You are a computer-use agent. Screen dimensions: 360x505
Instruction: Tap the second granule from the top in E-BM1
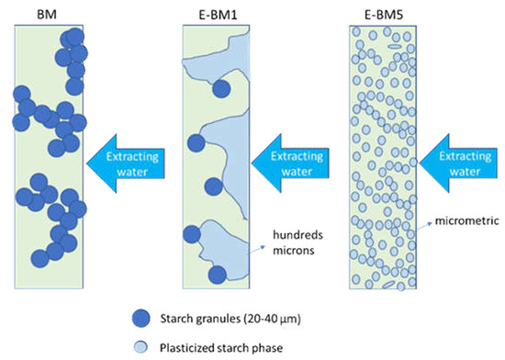tap(196, 142)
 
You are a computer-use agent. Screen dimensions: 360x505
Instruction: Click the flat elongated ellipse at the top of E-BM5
tap(392, 40)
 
